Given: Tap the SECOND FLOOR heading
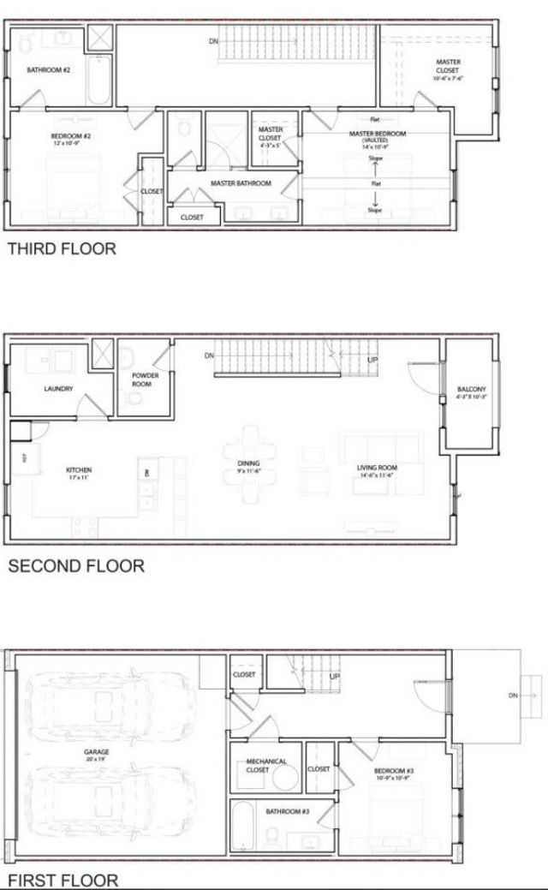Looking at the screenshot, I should (75, 565).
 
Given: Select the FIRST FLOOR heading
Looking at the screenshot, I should (63, 880).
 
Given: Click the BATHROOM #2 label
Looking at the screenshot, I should (48, 69).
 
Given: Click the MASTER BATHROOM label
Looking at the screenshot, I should (241, 183).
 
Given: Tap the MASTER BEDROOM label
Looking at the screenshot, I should (377, 134).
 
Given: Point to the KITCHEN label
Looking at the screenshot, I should (79, 469).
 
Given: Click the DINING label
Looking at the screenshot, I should (249, 463).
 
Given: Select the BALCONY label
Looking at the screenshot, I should (472, 389).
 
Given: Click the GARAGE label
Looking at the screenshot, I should (96, 751).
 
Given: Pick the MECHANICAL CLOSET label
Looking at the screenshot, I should (266, 765).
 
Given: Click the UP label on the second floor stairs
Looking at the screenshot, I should (372, 360).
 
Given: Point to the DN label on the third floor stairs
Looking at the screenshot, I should (213, 40).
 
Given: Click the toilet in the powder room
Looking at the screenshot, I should (132, 398).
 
